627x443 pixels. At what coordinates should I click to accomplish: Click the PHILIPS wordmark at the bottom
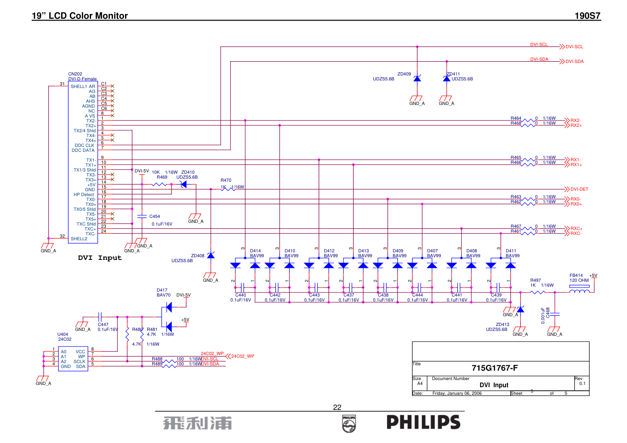pos(423,422)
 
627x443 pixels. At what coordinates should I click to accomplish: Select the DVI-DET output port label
pos(579,189)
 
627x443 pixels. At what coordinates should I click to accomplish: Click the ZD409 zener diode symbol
pos(417,79)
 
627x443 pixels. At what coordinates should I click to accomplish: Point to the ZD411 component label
pos(453,74)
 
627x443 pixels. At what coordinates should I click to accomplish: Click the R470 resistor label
pos(226,180)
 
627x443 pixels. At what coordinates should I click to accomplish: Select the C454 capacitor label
pos(155,217)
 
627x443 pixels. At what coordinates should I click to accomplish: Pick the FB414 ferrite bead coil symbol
pos(579,291)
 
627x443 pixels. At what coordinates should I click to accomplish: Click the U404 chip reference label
pos(63,334)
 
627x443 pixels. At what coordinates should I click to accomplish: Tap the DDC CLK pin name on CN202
pos(84,146)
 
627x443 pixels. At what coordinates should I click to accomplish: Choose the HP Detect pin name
pos(84,195)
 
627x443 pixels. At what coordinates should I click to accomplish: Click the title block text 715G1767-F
pos(494,368)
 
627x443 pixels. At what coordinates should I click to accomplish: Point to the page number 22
pos(337,407)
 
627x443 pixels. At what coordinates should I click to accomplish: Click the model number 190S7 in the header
pos(587,16)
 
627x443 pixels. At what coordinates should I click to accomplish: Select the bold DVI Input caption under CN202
pos(100,258)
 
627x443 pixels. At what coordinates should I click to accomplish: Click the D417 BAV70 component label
pos(163,293)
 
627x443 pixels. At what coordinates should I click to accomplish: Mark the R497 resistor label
pos(535,280)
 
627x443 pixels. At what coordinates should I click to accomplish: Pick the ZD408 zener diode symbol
pos(211,255)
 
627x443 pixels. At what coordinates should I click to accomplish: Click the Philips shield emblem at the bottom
pos(349,423)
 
